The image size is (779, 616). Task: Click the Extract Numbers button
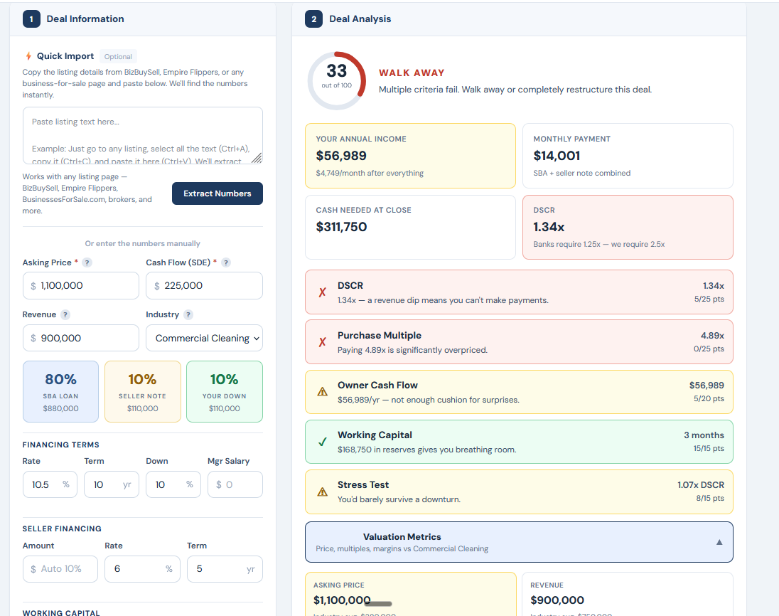217,193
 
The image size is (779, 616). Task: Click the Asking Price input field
81,285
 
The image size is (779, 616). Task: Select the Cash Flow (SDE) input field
204,285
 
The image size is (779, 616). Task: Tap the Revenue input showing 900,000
81,338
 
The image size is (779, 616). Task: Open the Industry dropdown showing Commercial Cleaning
204,338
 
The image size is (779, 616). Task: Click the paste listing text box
142,135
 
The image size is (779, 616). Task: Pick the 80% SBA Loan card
60,391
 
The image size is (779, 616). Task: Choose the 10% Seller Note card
142,391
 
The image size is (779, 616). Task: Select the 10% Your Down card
224,391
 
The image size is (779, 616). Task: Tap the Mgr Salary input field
235,484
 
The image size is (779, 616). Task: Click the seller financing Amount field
60,569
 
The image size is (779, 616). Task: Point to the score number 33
337,71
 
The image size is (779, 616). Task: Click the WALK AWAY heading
412,73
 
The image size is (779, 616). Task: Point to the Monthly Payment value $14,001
557,156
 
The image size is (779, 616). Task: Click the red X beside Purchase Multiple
322,342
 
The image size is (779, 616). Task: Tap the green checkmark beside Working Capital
322,442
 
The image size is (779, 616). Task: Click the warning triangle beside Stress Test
322,492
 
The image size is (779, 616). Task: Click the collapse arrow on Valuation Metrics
719,542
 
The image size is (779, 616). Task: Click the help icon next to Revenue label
65,314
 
